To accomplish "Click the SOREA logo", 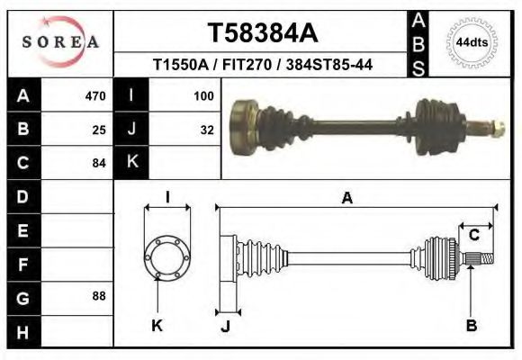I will pyautogui.click(x=60, y=42).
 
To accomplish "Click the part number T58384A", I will pyautogui.click(x=263, y=33).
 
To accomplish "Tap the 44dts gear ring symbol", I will pyautogui.click(x=471, y=42).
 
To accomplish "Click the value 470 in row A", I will pyautogui.click(x=95, y=95).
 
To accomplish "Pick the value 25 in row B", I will pyautogui.click(x=99, y=129).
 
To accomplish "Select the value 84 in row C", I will pyautogui.click(x=99, y=163).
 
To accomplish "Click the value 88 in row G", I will pyautogui.click(x=99, y=296).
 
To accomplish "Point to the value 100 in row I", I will pyautogui.click(x=203, y=95).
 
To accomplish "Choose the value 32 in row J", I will pyautogui.click(x=207, y=129).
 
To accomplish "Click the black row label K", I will pyautogui.click(x=131, y=163).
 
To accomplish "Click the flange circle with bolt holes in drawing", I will pyautogui.click(x=167, y=255).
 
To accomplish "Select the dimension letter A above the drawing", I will pyautogui.click(x=346, y=199).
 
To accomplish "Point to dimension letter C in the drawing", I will pyautogui.click(x=473, y=235).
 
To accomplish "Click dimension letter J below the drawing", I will pyautogui.click(x=226, y=326).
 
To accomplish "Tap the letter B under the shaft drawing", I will pyautogui.click(x=470, y=326).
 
